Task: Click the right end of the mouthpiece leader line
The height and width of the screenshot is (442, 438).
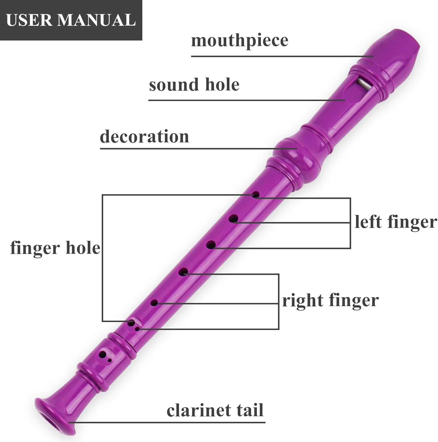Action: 373,56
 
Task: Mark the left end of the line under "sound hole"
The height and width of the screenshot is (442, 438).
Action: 149,100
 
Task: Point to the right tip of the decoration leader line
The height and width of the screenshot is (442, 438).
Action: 297,149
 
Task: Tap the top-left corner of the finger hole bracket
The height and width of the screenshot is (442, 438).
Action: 102,195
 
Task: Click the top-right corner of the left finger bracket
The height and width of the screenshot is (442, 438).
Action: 350,198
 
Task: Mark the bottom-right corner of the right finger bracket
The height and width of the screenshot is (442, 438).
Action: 278,329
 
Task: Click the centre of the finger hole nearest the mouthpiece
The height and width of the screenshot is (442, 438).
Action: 255,195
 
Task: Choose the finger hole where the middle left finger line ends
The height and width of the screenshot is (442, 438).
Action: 234,219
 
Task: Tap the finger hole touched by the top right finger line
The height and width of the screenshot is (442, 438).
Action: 183,272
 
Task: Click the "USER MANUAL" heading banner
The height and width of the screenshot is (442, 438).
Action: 71,20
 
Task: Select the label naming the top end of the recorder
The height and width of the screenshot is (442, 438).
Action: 240,40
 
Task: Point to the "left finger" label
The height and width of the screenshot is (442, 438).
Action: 396,222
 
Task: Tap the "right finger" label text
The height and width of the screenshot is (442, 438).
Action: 330,300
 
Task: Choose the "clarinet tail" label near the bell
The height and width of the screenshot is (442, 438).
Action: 215,410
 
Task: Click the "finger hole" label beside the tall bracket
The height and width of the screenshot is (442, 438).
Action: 55,248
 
